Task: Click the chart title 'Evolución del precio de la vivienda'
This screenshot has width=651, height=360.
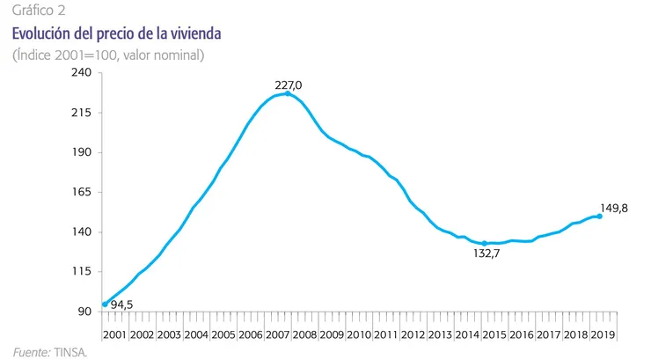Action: [116, 33]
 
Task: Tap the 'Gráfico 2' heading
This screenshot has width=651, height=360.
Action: [39, 10]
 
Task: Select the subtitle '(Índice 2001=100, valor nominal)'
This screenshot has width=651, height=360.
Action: [108, 55]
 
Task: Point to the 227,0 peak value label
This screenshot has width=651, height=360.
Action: [289, 85]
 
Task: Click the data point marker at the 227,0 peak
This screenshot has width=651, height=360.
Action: [288, 94]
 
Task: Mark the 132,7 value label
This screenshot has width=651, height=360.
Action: [486, 253]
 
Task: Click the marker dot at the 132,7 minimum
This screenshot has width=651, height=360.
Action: [484, 244]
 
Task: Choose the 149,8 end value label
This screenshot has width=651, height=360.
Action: [614, 209]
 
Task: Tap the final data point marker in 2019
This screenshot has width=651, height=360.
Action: [599, 217]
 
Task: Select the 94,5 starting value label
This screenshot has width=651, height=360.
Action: [121, 305]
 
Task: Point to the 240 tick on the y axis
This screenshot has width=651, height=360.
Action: [81, 72]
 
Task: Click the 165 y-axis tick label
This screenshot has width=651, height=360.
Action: [81, 192]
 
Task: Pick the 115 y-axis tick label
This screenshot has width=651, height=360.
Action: [81, 271]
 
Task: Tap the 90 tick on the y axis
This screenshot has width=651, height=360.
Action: [84, 312]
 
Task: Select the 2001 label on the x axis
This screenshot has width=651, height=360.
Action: [114, 334]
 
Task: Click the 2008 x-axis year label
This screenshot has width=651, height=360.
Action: [304, 334]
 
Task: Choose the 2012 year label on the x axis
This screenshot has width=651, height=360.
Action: [413, 334]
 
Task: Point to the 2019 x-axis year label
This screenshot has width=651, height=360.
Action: [603, 334]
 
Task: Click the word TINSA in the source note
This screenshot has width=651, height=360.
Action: [70, 353]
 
